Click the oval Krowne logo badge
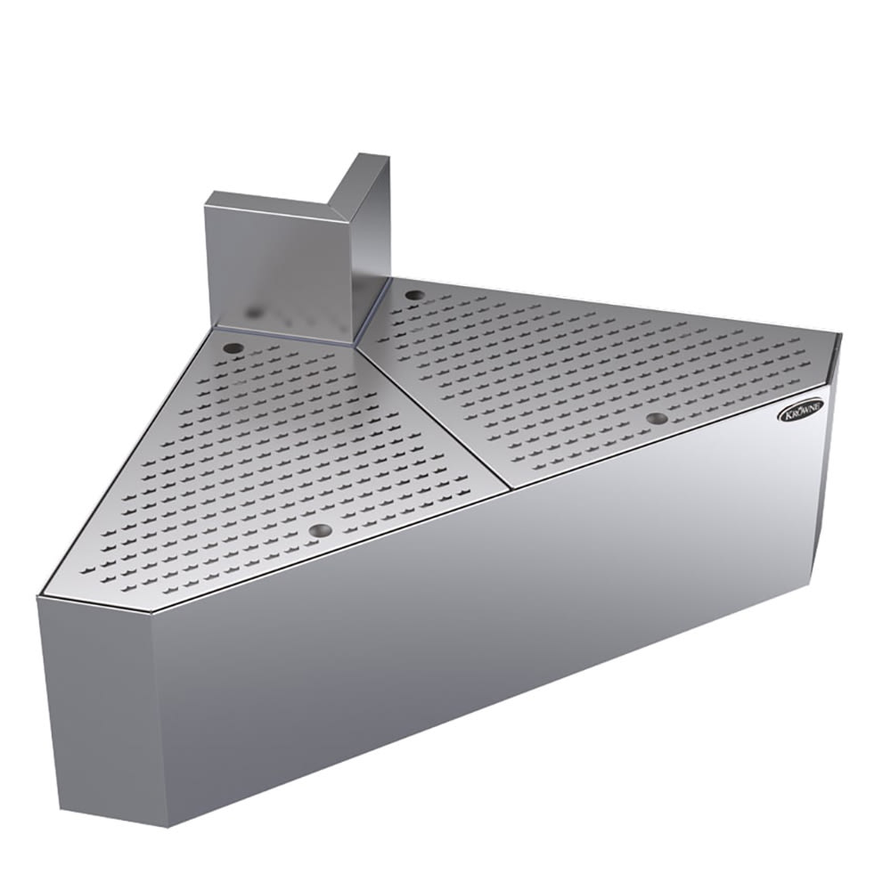click(x=801, y=410)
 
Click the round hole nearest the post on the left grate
click(x=233, y=347)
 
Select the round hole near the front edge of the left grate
click(x=320, y=530)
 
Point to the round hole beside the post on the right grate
click(x=413, y=294)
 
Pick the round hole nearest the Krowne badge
click(x=657, y=418)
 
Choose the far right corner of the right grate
click(x=839, y=336)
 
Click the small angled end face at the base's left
click(x=94, y=704)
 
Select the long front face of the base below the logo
click(x=499, y=624)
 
